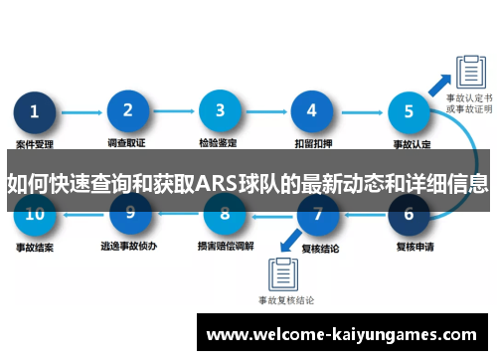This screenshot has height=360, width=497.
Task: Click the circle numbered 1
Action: [36, 112]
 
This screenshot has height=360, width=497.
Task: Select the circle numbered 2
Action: [128, 112]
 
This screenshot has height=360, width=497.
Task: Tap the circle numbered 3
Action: [221, 112]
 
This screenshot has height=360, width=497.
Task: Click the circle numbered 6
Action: [409, 213]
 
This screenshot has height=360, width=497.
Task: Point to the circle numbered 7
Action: [318, 213]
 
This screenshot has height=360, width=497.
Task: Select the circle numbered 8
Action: [225, 213]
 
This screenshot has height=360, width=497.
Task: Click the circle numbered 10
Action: [36, 213]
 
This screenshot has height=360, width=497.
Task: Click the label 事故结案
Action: [35, 245]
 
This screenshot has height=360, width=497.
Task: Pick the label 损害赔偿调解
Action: [226, 245]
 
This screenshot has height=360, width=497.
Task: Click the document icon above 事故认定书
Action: [468, 71]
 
